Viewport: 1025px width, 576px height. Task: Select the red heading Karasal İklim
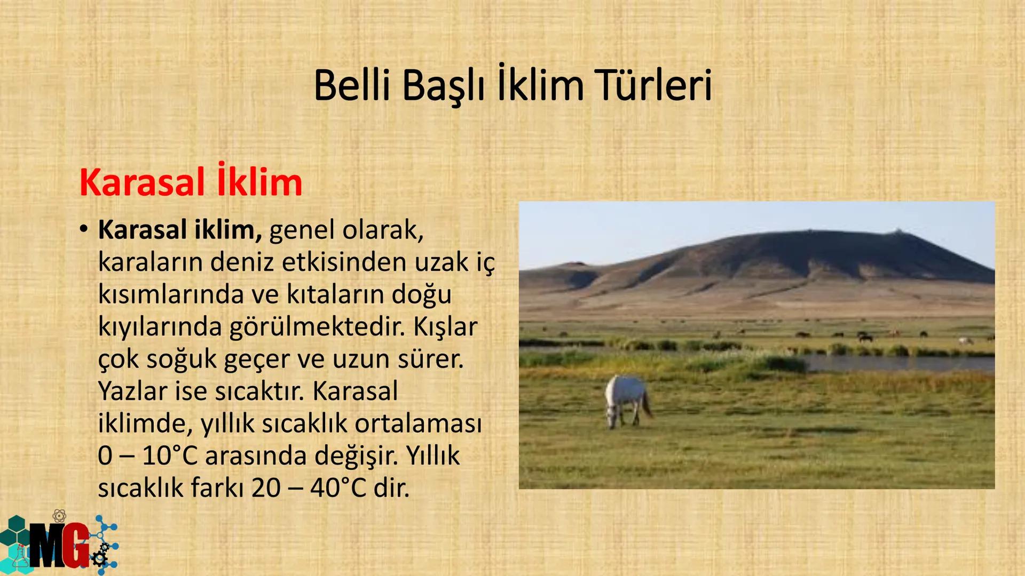pos(191,182)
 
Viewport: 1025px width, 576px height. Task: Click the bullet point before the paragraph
pos(83,229)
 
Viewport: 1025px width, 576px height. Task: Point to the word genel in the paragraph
pos(302,230)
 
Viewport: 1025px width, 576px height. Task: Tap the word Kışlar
pos(445,326)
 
